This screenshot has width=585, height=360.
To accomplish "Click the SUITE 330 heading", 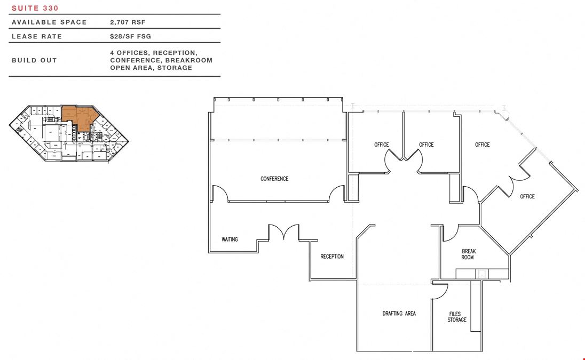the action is click(x=35, y=8).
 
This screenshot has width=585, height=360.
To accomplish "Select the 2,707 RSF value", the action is click(x=128, y=22).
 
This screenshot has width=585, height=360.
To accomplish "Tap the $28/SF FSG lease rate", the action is click(x=131, y=36).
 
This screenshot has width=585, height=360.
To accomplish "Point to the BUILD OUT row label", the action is click(x=34, y=60).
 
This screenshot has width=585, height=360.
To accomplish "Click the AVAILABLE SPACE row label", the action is click(x=49, y=22).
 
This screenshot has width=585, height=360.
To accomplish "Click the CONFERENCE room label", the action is click(x=274, y=179).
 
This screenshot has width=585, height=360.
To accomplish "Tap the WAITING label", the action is click(x=230, y=239).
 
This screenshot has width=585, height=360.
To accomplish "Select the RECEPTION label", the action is click(x=332, y=257).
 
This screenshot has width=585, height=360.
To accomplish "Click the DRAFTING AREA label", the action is click(x=399, y=314).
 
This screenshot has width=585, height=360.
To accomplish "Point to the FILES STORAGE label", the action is click(x=457, y=317).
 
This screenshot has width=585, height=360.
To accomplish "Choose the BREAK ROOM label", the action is click(x=468, y=254).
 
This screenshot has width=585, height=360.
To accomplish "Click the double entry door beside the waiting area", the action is click(x=284, y=232).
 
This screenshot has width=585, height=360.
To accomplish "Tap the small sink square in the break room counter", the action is click(x=482, y=274).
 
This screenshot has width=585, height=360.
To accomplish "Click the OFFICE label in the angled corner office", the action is click(x=527, y=196).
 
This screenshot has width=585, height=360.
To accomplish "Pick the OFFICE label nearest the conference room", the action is click(x=381, y=145).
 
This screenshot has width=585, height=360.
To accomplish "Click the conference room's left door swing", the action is click(x=220, y=194).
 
